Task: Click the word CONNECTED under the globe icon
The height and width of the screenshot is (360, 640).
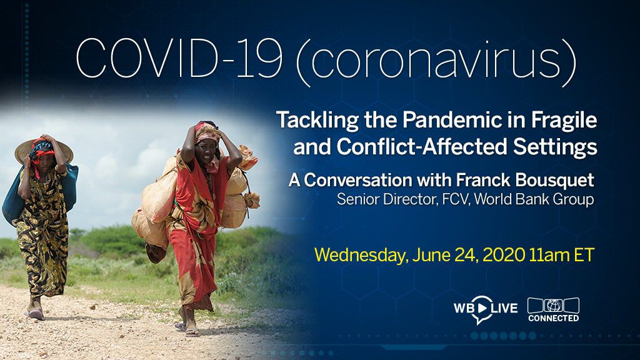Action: tap(553, 318)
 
